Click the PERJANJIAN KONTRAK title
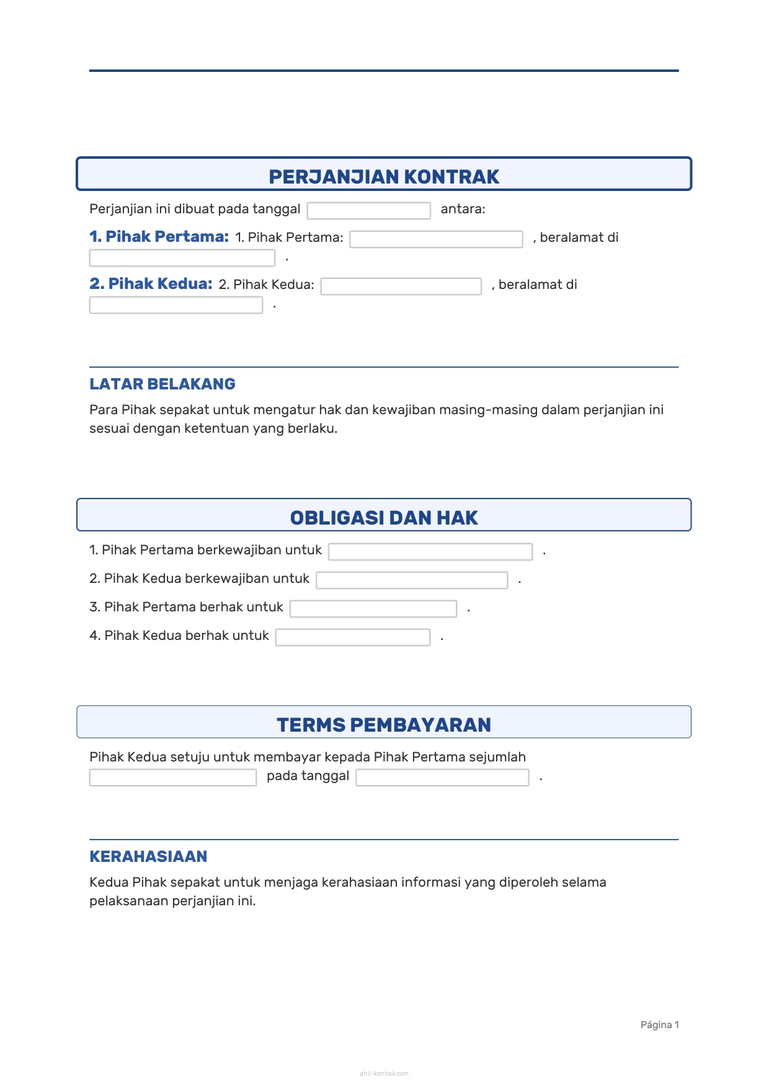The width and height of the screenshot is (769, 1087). click(x=384, y=177)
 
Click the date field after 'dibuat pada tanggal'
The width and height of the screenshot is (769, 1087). click(x=368, y=211)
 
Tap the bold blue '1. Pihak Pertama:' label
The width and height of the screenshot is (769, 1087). click(x=159, y=237)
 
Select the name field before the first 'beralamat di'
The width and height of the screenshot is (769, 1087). click(x=436, y=239)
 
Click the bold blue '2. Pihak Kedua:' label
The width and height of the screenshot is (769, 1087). click(x=151, y=284)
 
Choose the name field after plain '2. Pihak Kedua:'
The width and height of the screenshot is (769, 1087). click(x=401, y=286)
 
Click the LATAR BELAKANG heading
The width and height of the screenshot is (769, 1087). click(x=162, y=384)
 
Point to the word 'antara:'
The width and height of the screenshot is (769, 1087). click(x=463, y=210)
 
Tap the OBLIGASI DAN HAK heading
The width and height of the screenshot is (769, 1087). click(x=384, y=518)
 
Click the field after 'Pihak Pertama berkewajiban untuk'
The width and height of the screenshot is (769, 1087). click(x=430, y=552)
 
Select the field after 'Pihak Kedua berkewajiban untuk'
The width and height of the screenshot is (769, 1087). click(x=412, y=580)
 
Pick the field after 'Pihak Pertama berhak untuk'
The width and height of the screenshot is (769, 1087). click(x=373, y=609)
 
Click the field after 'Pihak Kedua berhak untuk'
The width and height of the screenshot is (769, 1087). click(x=353, y=637)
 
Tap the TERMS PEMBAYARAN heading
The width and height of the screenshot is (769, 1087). click(x=384, y=725)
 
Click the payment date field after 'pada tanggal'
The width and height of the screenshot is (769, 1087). click(x=442, y=778)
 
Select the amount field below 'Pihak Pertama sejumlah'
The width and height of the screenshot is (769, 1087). click(x=172, y=778)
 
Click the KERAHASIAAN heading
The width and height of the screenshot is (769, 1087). click(x=148, y=857)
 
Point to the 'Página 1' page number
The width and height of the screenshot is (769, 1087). click(x=659, y=1025)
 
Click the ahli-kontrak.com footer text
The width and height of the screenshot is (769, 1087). click(x=384, y=1073)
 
